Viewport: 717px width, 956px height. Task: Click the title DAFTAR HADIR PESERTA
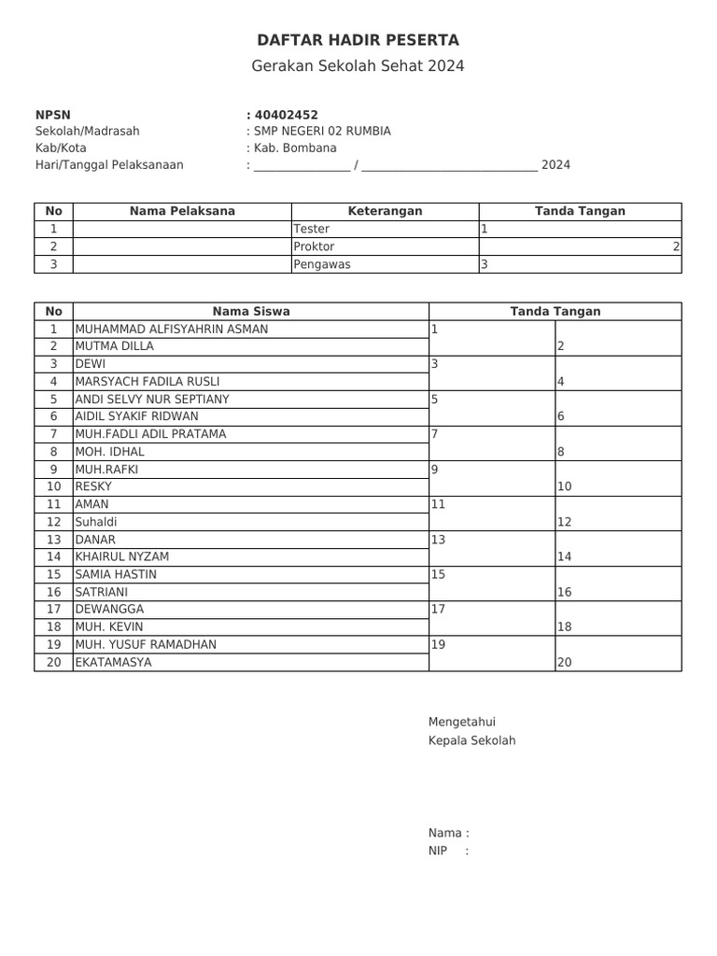(358, 40)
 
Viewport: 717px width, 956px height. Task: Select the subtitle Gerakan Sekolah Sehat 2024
(358, 66)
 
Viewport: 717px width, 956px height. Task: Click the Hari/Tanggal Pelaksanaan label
(109, 165)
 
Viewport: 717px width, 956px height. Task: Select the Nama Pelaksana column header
(182, 211)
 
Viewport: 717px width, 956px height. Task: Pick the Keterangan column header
(385, 211)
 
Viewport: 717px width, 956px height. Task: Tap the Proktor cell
(314, 246)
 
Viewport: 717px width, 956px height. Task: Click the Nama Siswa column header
(250, 311)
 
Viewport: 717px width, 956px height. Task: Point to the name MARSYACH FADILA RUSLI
(148, 381)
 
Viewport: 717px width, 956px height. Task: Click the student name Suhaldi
(95, 522)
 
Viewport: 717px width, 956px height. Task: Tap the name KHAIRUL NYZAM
(121, 556)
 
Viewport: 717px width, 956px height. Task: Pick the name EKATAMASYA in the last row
(113, 662)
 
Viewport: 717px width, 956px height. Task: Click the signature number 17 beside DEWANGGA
(438, 610)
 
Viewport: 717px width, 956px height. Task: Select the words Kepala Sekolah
(471, 740)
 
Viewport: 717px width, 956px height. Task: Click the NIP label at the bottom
(438, 851)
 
